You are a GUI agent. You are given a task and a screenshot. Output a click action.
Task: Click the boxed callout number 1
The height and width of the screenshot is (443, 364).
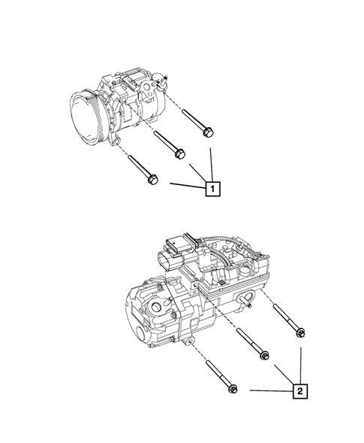pyautogui.click(x=213, y=188)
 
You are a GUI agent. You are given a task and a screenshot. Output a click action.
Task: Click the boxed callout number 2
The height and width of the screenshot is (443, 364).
pyautogui.click(x=300, y=391)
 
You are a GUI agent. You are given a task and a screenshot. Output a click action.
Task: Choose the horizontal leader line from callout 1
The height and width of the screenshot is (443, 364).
pyautogui.click(x=188, y=185)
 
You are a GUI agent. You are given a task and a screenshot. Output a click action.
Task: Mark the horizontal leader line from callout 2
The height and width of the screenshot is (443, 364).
pyautogui.click(x=270, y=391)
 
